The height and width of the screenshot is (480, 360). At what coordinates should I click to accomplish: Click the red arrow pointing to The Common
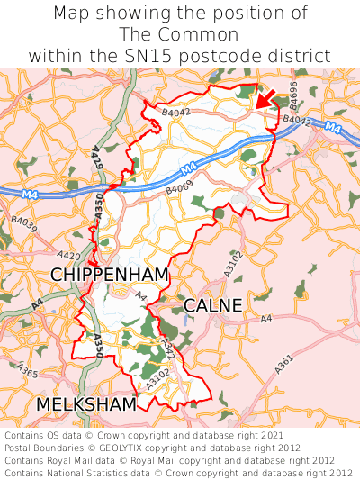(x=264, y=98)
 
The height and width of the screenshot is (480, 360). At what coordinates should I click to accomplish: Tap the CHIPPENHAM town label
(x=110, y=274)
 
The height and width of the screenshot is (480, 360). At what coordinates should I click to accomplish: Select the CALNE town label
(x=212, y=306)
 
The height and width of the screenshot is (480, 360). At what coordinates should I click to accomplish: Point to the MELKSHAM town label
(x=86, y=404)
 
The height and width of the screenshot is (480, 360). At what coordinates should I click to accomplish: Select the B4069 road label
(x=179, y=189)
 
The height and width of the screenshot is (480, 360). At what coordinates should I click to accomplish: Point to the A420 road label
(x=67, y=257)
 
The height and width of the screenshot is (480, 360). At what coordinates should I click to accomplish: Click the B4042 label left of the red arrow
(x=176, y=113)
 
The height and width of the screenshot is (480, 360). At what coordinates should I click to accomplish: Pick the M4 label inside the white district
(x=187, y=168)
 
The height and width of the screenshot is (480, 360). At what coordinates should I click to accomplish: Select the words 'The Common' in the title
(x=179, y=34)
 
